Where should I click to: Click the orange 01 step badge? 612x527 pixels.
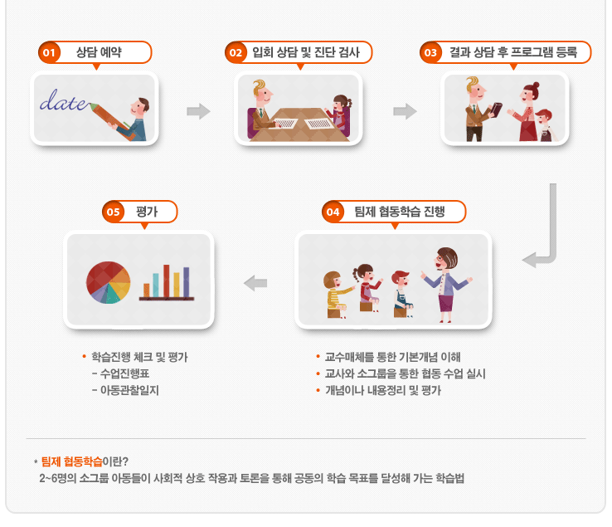pos(49,52)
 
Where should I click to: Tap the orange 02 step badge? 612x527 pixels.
pos(236,52)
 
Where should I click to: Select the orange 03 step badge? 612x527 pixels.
pos(430,52)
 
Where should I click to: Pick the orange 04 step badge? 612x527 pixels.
pos(333,212)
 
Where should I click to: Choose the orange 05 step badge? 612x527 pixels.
pos(113,212)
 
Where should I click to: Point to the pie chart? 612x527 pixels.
pos(108,282)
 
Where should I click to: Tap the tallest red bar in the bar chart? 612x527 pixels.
pos(167,281)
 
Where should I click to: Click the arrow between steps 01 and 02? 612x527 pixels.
pos(199,111)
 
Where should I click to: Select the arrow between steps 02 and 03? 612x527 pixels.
pos(405,111)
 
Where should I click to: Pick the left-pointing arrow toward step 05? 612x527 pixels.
pos(255,283)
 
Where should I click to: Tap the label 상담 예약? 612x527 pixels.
pos(99,52)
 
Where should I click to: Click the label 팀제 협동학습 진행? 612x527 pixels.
pos(399,212)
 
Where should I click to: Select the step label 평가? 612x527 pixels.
pos(147,212)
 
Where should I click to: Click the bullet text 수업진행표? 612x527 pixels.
pos(125,373)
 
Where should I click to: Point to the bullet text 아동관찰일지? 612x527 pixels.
pos(129,390)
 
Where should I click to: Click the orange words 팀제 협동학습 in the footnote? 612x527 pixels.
pos(72,461)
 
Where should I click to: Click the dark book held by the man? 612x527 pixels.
pos(496,110)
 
